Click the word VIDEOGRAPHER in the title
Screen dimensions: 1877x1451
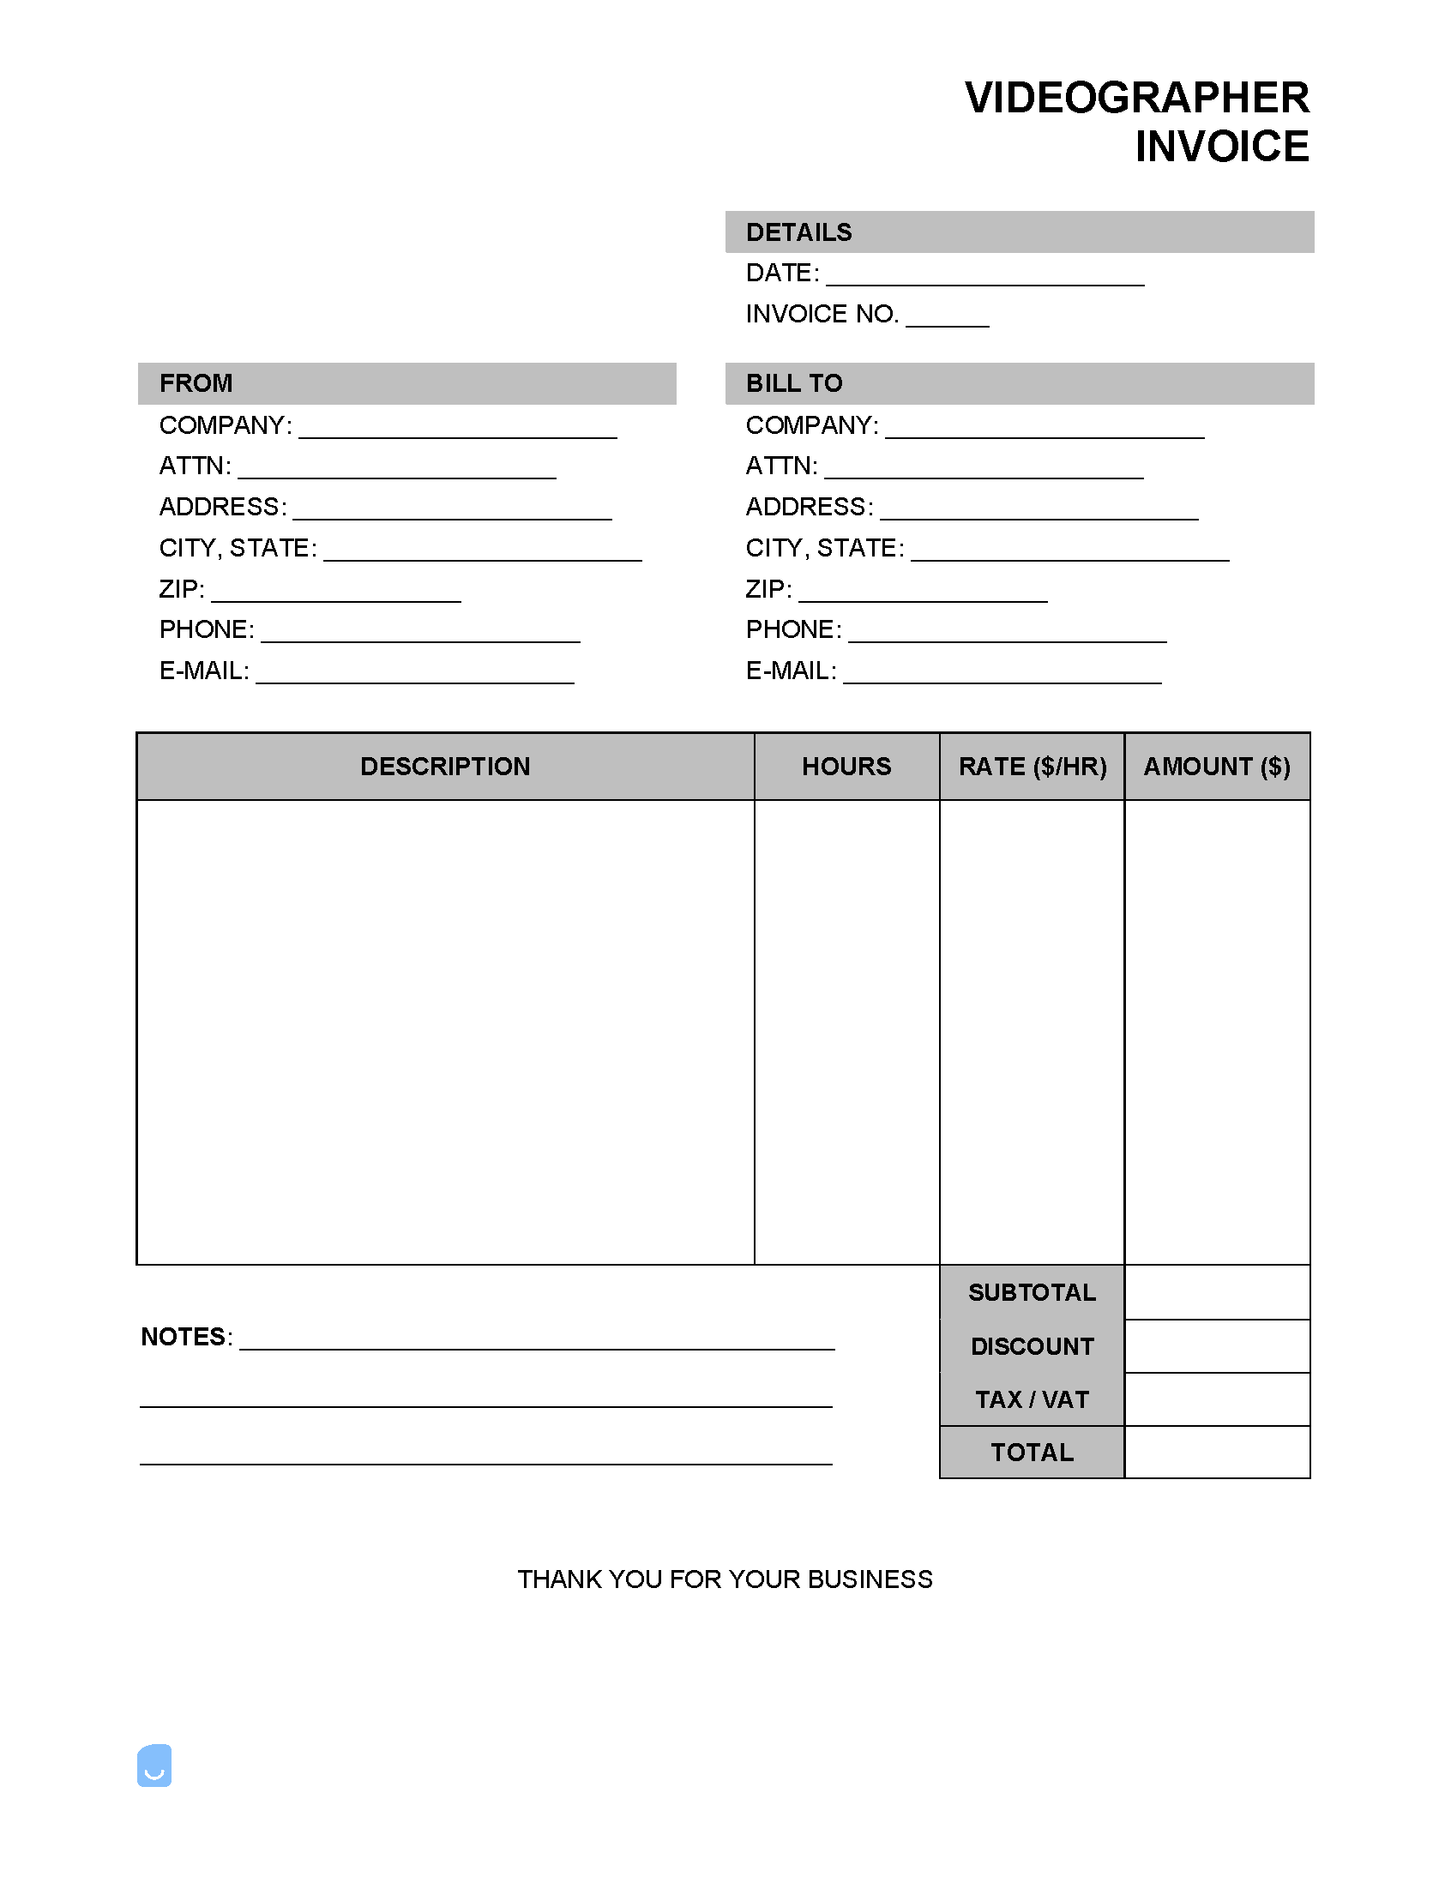(x=1136, y=98)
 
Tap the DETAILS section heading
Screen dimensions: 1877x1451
(x=798, y=232)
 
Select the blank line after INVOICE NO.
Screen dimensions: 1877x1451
(x=948, y=318)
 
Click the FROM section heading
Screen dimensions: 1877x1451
(x=196, y=383)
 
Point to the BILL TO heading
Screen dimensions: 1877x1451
(x=794, y=383)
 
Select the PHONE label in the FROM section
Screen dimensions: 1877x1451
(x=207, y=630)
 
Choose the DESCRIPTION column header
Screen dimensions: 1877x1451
(x=445, y=767)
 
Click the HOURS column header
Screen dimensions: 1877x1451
(x=846, y=767)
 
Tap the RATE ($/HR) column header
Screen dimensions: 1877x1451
(x=1033, y=767)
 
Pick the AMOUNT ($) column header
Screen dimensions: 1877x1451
(x=1216, y=767)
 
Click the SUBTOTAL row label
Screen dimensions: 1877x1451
(x=1032, y=1292)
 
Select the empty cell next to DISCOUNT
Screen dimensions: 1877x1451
(x=1216, y=1347)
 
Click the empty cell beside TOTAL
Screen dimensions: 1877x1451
(x=1216, y=1453)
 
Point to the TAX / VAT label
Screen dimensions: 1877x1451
(x=1032, y=1400)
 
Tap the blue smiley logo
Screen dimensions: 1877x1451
(x=154, y=1766)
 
